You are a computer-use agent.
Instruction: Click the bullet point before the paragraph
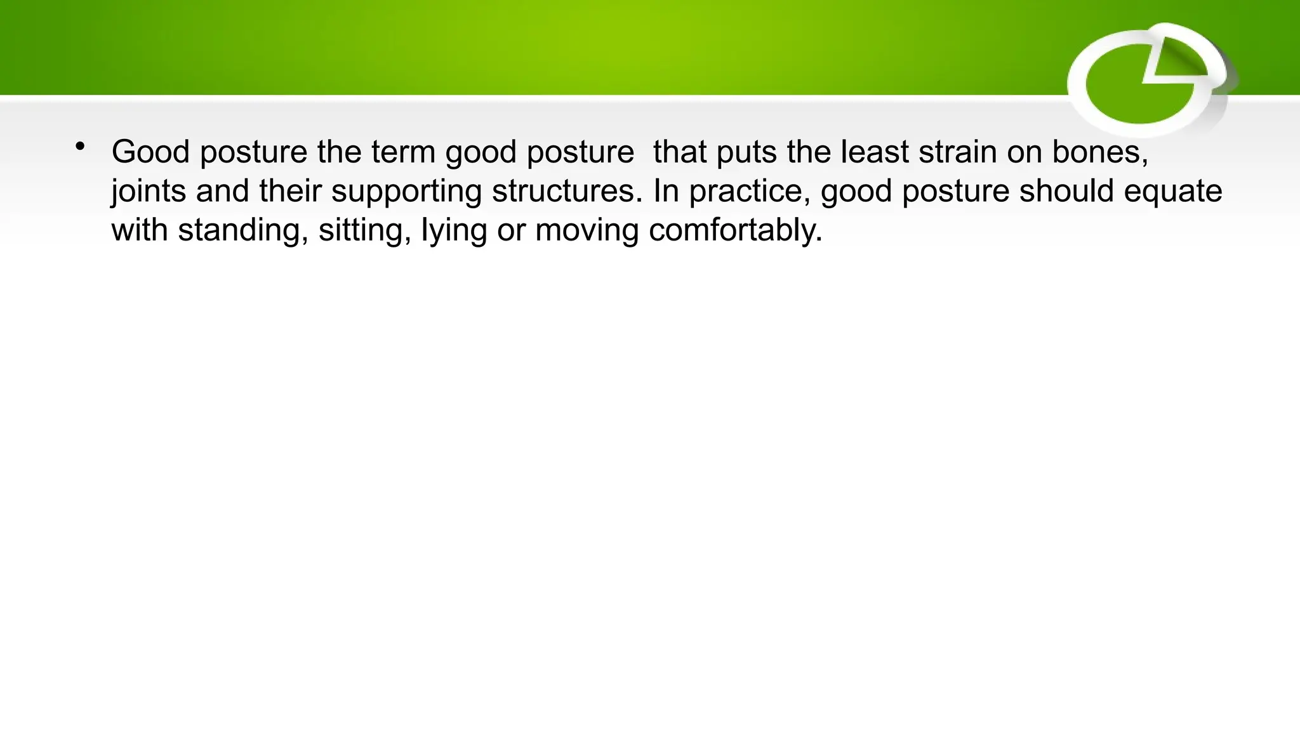pos(79,147)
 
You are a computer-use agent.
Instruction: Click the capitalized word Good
pos(150,152)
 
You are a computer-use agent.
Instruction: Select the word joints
pos(149,192)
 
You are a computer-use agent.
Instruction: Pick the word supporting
pos(406,192)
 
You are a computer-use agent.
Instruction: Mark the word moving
pos(587,230)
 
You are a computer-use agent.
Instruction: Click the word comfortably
pos(735,230)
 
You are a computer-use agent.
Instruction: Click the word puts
pos(746,152)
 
